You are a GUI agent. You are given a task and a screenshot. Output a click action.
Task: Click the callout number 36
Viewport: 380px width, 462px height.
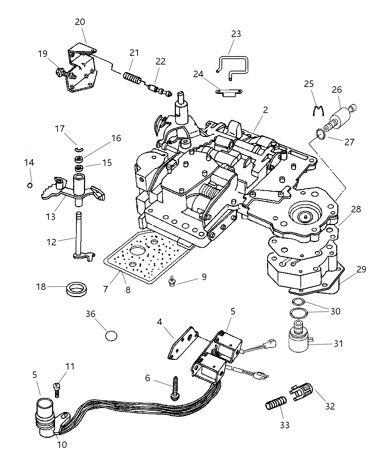coord(90,314)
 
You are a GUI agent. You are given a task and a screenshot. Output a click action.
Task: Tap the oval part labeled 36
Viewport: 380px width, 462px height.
coord(111,336)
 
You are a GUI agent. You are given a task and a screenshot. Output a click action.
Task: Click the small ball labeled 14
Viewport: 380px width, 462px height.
coord(30,185)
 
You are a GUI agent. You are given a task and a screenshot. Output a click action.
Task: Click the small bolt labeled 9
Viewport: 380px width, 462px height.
coord(172,280)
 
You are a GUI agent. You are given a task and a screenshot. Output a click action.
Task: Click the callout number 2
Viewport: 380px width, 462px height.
coord(266,110)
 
